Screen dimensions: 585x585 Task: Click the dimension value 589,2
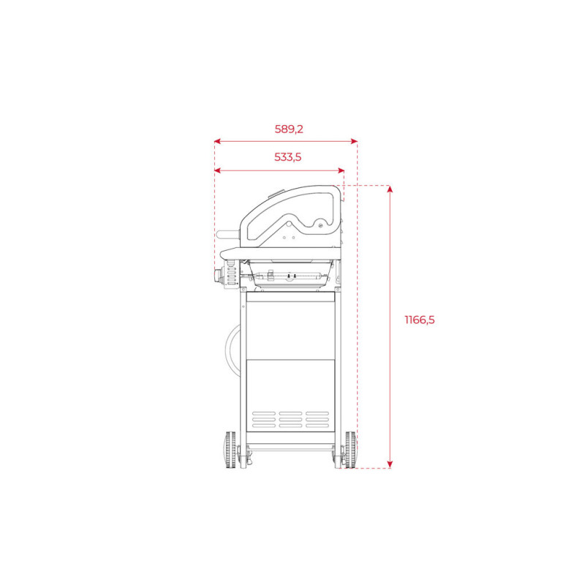tap(289, 129)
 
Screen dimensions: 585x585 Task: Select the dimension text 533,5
tap(287, 156)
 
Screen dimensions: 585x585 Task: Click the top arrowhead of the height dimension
tap(390, 190)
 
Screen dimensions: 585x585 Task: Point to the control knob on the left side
tap(219, 276)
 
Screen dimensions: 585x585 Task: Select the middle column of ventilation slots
tap(290, 419)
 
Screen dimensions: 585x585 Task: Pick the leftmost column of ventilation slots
tap(263, 419)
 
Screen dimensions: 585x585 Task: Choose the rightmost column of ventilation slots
tap(317, 419)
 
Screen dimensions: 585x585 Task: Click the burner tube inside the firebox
tap(290, 277)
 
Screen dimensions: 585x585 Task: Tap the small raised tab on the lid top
tap(278, 194)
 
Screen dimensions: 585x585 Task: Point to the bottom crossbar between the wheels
tap(290, 445)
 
